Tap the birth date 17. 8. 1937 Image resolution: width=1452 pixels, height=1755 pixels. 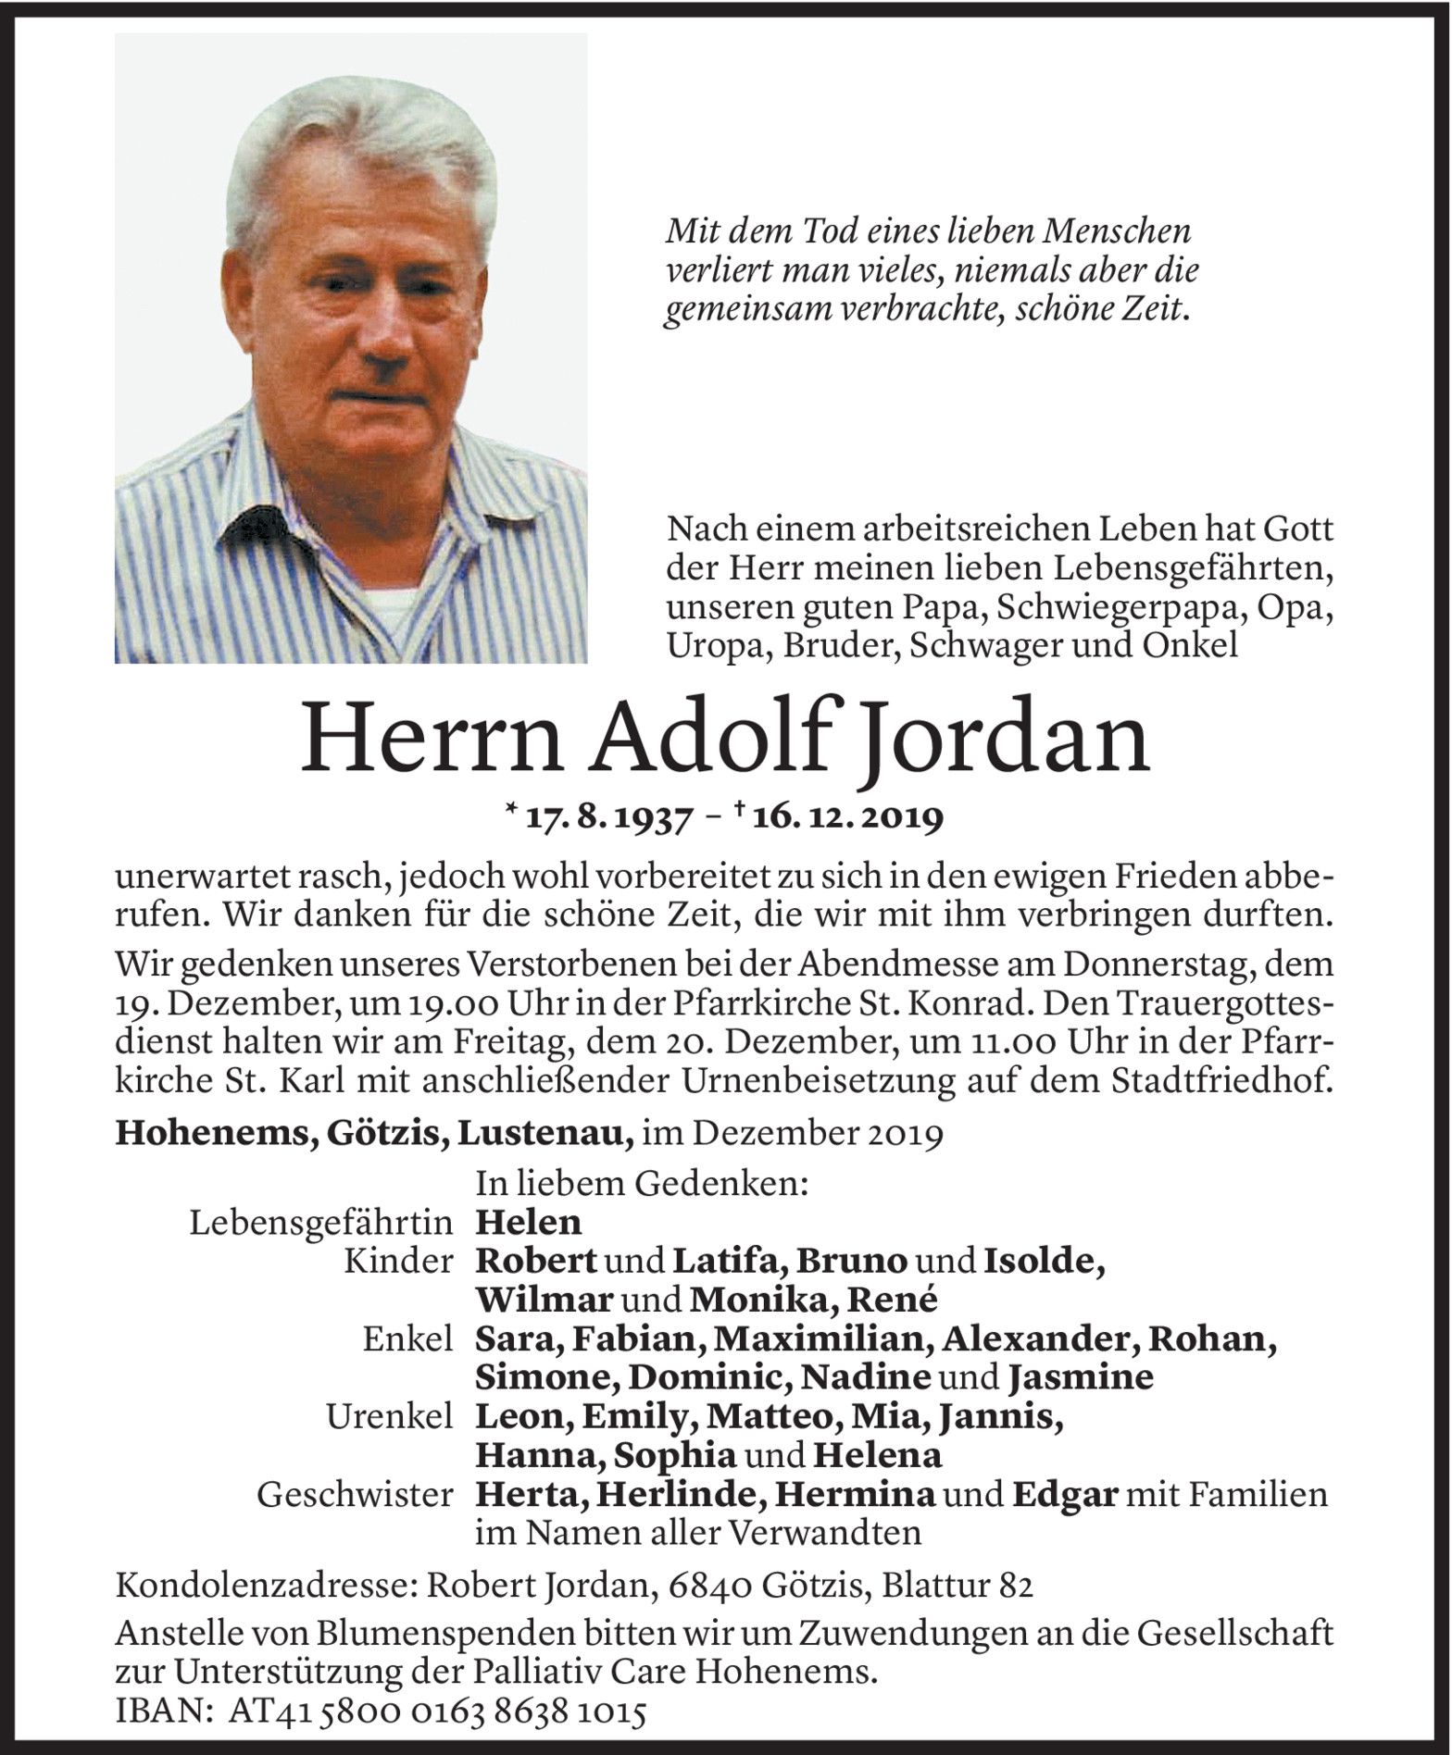coord(607,818)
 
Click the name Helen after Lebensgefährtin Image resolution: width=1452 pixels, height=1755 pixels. coord(528,1223)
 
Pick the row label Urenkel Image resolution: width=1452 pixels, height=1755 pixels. coord(389,1417)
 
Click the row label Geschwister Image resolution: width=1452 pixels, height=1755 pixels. coord(356,1495)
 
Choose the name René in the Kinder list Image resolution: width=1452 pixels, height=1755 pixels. coord(898,1301)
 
